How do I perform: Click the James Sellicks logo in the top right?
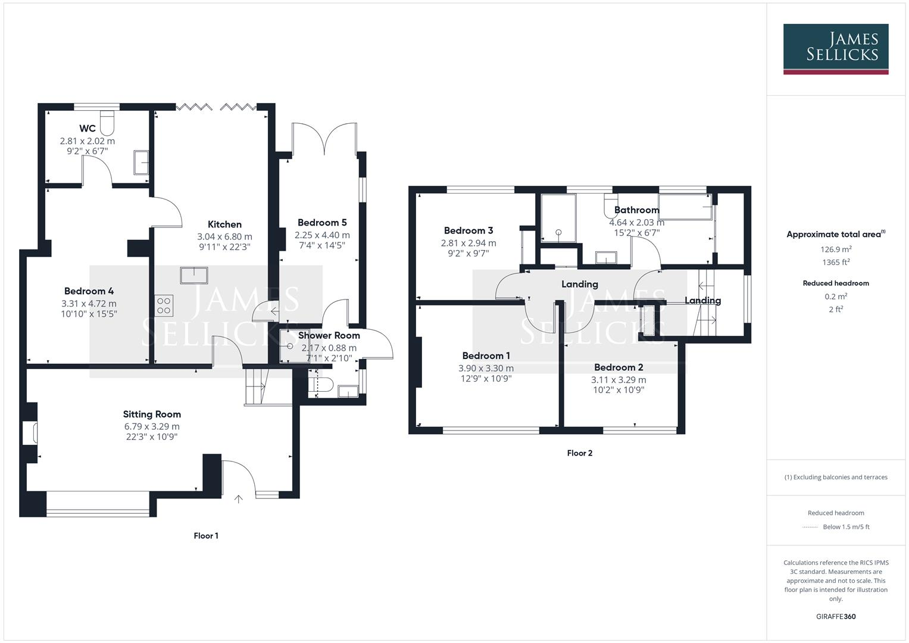(835, 49)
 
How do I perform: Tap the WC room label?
(88, 129)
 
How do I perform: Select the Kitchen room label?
(224, 224)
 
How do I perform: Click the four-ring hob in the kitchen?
(164, 305)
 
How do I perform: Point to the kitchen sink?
(194, 276)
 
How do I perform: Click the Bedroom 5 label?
(322, 223)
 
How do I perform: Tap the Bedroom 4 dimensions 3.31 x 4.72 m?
(89, 304)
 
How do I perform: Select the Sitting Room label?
(152, 414)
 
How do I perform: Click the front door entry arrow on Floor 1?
(239, 499)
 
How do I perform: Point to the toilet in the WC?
(108, 122)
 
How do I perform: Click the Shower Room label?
(329, 336)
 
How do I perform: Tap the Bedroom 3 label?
(468, 230)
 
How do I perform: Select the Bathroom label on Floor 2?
(636, 210)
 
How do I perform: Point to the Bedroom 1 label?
(486, 356)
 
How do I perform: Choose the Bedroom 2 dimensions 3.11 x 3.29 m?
(619, 380)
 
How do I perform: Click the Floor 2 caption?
(579, 453)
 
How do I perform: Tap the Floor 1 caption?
(206, 536)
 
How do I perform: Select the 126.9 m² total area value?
(836, 249)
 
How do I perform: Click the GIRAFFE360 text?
(836, 617)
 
